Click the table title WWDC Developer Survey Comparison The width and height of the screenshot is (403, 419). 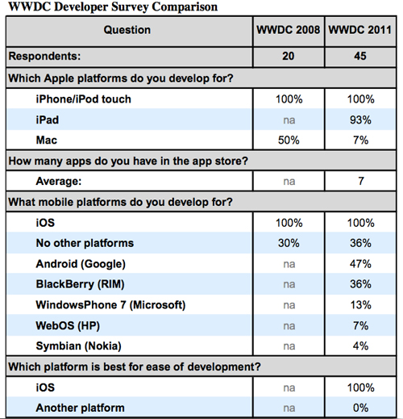[113, 6]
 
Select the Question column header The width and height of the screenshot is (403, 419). [127, 30]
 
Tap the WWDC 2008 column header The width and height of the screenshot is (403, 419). [289, 30]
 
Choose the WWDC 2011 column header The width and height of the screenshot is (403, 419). [360, 30]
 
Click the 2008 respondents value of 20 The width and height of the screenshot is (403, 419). [289, 56]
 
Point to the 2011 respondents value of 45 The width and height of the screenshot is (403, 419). [360, 56]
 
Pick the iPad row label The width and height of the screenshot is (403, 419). [48, 119]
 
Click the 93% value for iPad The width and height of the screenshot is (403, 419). [360, 119]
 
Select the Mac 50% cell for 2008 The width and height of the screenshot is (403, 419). [289, 140]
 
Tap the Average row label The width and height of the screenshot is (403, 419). [59, 181]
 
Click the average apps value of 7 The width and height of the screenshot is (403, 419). [361, 181]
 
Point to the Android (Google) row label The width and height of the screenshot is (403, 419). [81, 264]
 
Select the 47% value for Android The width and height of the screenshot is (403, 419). [360, 264]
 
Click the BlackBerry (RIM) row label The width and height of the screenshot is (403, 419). [80, 284]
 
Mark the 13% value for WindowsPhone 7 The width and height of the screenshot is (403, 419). [360, 305]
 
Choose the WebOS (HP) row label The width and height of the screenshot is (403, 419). [68, 325]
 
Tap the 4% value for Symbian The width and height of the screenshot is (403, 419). [360, 346]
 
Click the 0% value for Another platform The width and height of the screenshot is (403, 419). [360, 408]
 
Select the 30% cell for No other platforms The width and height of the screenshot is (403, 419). [289, 243]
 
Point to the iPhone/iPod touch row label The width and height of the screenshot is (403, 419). [84, 99]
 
